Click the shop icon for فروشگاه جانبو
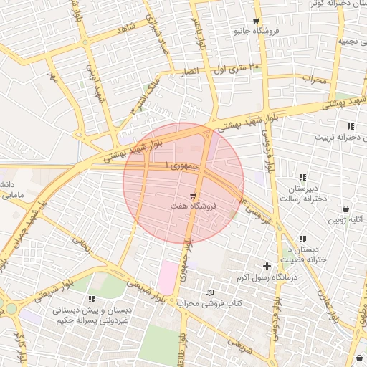tap(257, 21)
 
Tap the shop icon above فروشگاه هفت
tap(193, 195)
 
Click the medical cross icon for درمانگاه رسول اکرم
tap(267, 266)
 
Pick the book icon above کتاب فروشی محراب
tap(209, 292)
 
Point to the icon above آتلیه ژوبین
tap(346, 209)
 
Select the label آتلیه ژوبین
tap(346, 220)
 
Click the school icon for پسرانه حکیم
tap(90, 298)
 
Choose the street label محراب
tap(314, 79)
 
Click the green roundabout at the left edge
tap(11, 310)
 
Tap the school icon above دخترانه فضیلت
tap(302, 239)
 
